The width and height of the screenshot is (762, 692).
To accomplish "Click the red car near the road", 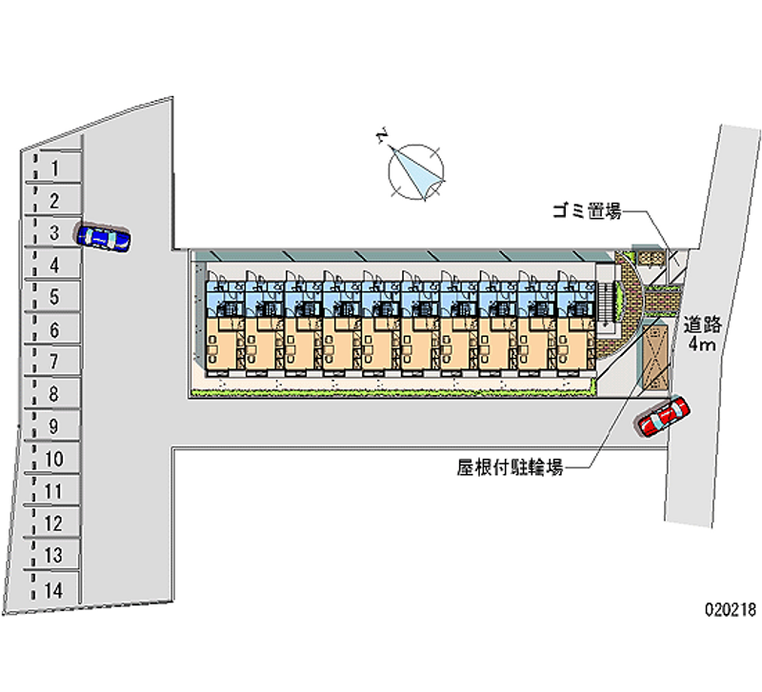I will tap(664, 416).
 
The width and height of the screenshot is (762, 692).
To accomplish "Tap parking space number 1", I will tap(55, 168).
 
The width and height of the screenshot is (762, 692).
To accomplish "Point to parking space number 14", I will tap(54, 590).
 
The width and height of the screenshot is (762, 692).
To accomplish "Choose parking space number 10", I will tap(54, 459).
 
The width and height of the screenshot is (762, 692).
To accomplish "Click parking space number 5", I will tap(55, 297).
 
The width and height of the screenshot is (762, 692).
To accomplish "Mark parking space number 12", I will tap(54, 524).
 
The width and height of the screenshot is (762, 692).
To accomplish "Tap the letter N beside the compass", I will tap(382, 139).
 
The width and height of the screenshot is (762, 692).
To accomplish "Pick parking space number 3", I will tap(55, 232).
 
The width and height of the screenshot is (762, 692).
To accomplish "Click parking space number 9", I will tap(55, 425).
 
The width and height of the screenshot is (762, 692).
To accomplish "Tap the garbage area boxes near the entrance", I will tap(650, 258).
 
